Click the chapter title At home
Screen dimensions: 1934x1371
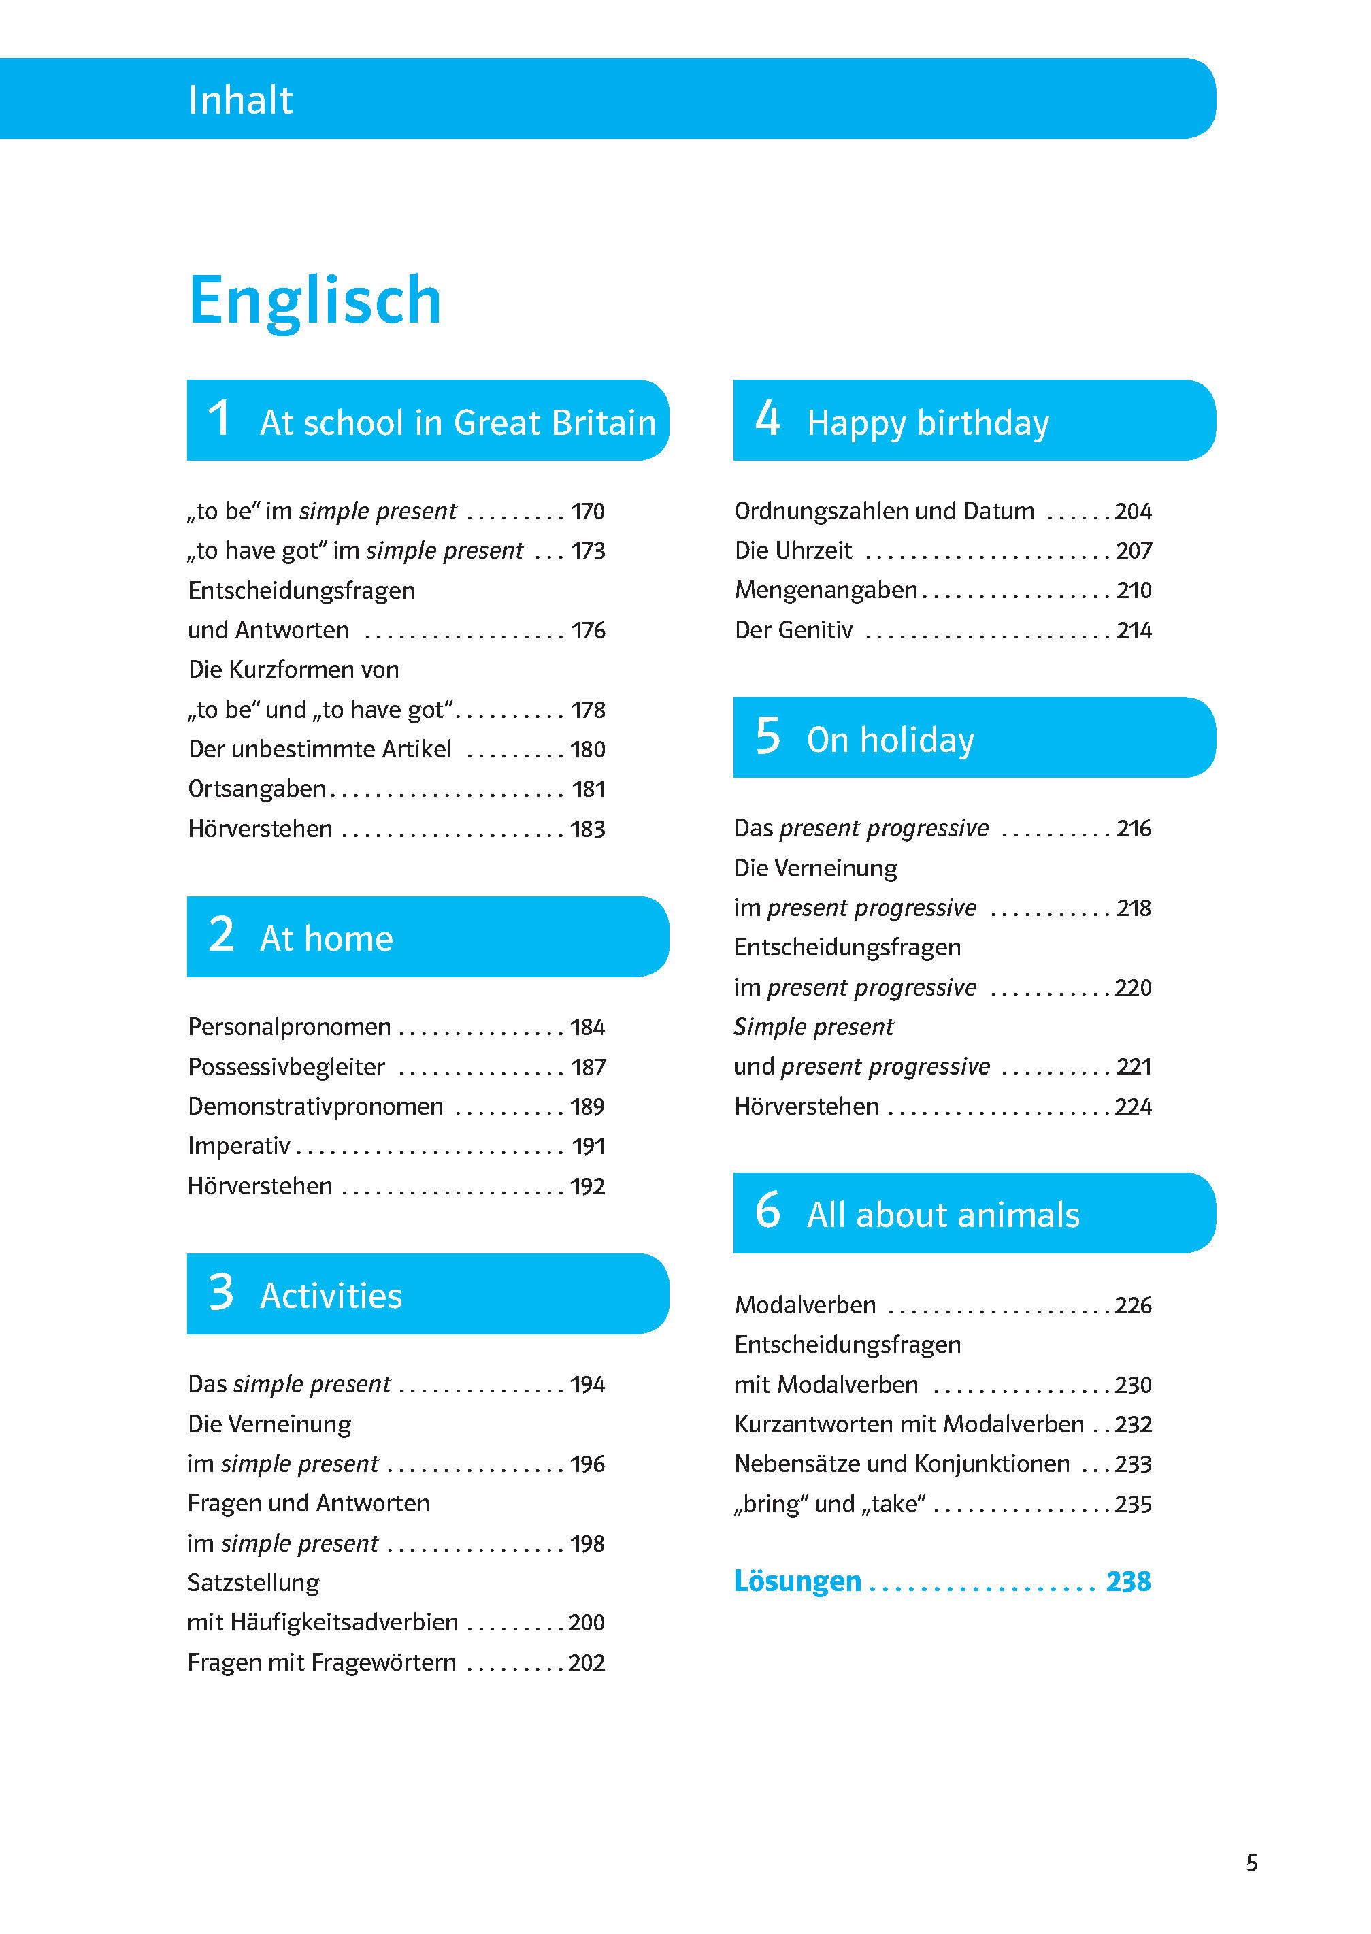(326, 938)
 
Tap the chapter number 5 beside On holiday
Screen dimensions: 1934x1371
(767, 736)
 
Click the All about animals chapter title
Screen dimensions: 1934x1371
(942, 1215)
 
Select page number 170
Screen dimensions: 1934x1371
(588, 512)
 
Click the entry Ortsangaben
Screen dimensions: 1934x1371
(257, 789)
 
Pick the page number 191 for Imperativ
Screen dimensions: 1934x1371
(589, 1147)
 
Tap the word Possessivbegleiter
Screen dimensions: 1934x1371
(286, 1067)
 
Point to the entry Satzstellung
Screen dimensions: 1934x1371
(253, 1582)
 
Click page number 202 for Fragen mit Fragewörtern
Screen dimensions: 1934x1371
(587, 1662)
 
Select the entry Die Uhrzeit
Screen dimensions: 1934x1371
(793, 551)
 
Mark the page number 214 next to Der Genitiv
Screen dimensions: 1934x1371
(1134, 631)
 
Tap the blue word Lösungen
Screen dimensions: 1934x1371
(797, 1580)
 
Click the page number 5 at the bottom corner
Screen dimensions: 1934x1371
(1252, 1863)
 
